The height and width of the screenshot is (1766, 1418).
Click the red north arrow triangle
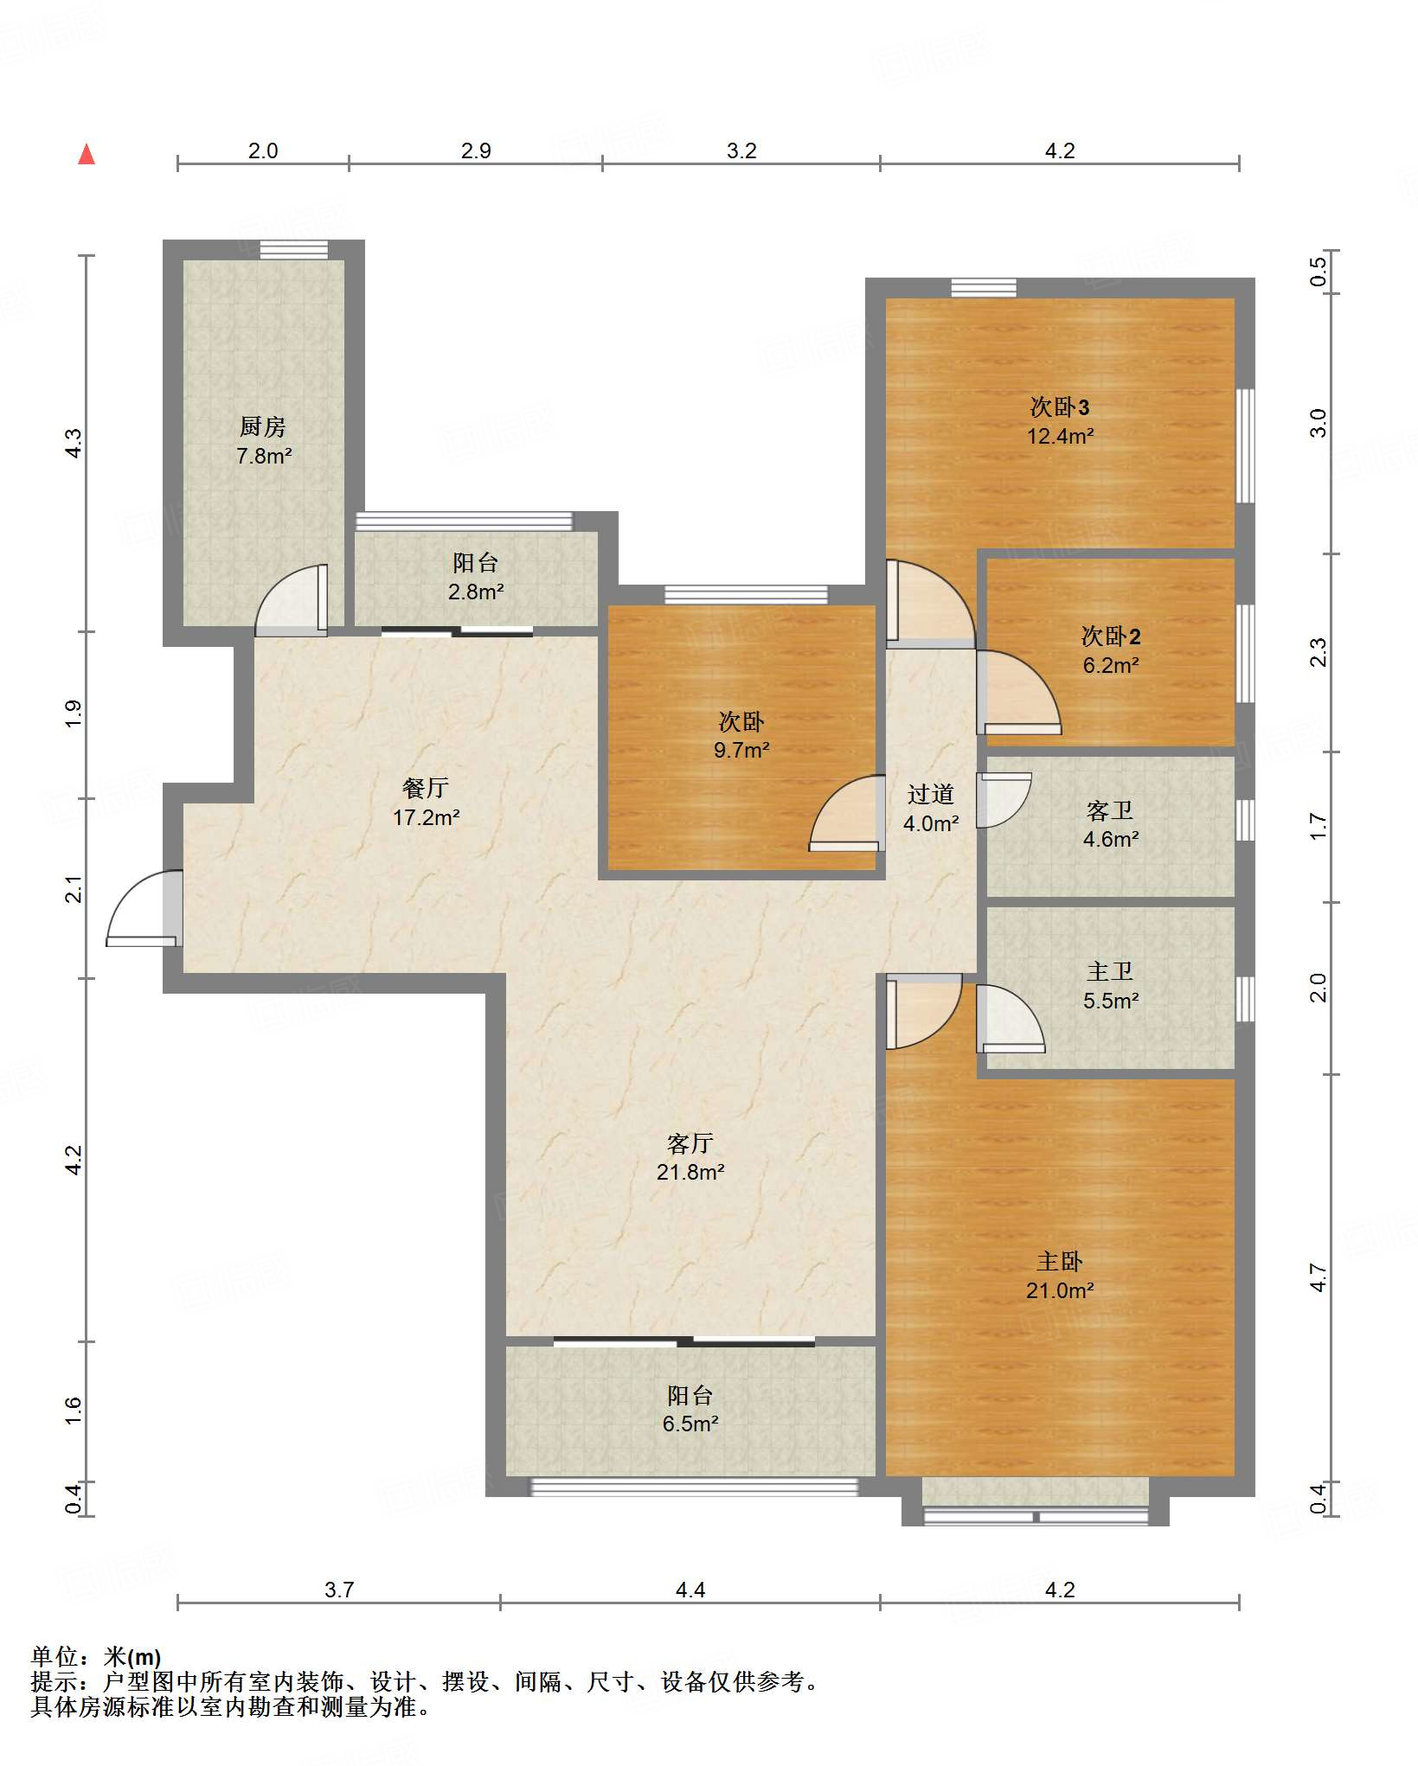pyautogui.click(x=87, y=154)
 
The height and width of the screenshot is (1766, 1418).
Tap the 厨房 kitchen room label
pyautogui.click(x=263, y=426)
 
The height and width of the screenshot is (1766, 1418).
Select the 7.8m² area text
pyautogui.click(x=264, y=456)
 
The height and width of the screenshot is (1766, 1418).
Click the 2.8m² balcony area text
pyautogui.click(x=476, y=592)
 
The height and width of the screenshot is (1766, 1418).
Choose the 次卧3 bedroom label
pyautogui.click(x=1060, y=406)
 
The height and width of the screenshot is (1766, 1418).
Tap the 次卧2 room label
pyautogui.click(x=1111, y=637)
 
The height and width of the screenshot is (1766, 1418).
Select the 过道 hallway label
pyautogui.click(x=931, y=794)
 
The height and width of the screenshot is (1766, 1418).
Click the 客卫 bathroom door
pyautogui.click(x=1004, y=800)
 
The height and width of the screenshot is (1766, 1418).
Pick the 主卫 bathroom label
pyautogui.click(x=1110, y=971)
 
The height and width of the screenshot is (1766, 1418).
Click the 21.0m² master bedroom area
pyautogui.click(x=1060, y=1290)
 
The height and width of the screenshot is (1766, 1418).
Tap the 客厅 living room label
pyautogui.click(x=690, y=1143)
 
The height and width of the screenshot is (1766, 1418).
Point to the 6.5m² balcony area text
pyautogui.click(x=690, y=1424)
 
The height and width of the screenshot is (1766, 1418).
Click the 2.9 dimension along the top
pyautogui.click(x=476, y=150)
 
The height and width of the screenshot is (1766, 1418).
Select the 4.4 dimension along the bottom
pyautogui.click(x=690, y=1590)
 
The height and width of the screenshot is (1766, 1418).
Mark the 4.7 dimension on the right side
pyautogui.click(x=1318, y=1277)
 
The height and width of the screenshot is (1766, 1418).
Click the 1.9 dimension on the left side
pyautogui.click(x=74, y=713)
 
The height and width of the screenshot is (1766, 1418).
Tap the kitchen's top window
pyautogui.click(x=294, y=249)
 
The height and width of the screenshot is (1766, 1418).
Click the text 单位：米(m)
pyautogui.click(x=96, y=1656)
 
